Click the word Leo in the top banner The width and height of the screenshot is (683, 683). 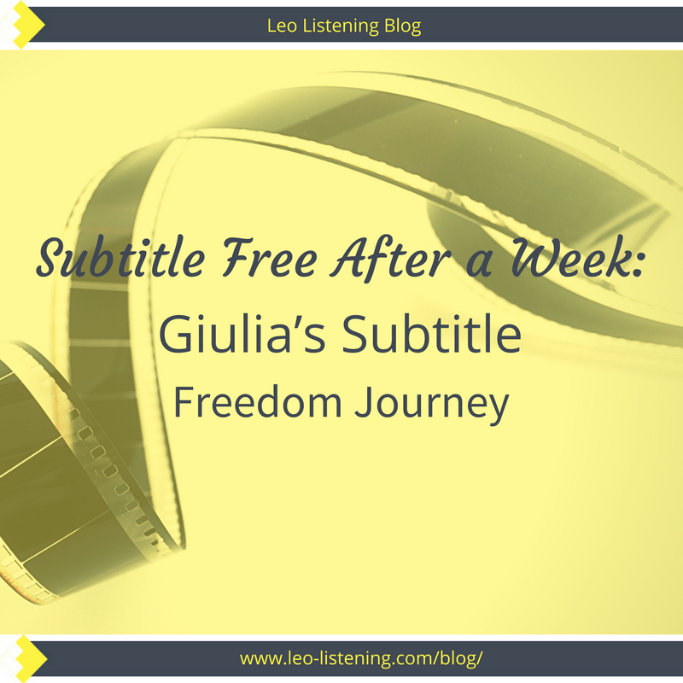point(282,26)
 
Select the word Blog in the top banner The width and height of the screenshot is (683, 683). point(400,26)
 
